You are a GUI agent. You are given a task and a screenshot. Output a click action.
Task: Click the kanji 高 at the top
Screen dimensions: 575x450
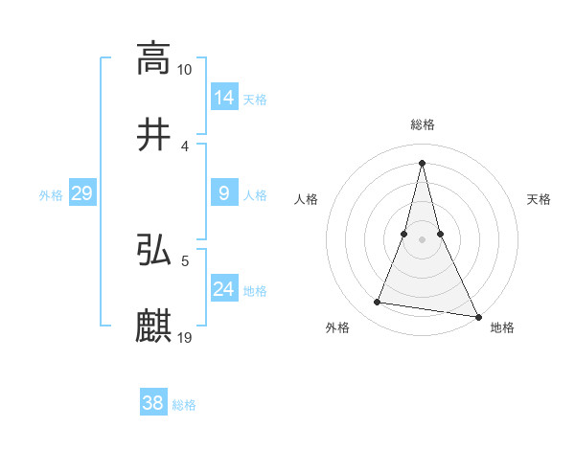153,58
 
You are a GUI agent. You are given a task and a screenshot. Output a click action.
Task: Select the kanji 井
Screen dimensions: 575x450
153,134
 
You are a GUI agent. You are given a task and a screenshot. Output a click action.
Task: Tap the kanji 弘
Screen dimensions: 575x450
153,251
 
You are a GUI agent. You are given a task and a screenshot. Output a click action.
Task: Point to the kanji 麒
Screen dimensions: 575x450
153,326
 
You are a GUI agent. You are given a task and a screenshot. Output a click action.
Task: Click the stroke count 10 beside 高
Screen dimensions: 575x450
185,70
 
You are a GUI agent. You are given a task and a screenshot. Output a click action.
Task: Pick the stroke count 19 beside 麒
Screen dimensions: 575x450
185,338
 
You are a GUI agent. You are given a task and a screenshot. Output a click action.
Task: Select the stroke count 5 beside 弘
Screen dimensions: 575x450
185,259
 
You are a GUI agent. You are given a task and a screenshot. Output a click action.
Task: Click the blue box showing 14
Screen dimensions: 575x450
224,98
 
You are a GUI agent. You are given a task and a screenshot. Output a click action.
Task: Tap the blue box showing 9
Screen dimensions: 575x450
224,193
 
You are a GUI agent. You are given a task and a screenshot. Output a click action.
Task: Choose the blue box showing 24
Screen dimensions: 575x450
224,289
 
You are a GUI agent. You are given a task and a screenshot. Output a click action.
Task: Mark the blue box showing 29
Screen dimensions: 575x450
81,193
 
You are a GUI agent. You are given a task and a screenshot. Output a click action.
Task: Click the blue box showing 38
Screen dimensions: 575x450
153,403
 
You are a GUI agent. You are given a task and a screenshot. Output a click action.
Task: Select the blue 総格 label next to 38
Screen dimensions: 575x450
184,405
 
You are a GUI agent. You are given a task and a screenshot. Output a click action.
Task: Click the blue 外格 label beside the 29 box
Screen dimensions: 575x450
51,195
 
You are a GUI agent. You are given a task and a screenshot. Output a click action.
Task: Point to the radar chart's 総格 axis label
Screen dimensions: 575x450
422,124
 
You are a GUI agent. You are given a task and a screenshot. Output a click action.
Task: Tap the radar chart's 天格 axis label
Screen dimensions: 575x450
540,199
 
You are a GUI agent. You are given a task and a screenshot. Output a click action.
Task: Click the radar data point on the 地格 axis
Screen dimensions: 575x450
477,316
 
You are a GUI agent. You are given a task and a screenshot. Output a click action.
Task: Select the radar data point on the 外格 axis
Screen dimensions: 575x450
378,303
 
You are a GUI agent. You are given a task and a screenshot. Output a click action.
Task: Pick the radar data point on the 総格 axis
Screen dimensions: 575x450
422,162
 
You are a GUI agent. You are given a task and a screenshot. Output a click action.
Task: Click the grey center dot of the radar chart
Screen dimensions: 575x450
422,238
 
